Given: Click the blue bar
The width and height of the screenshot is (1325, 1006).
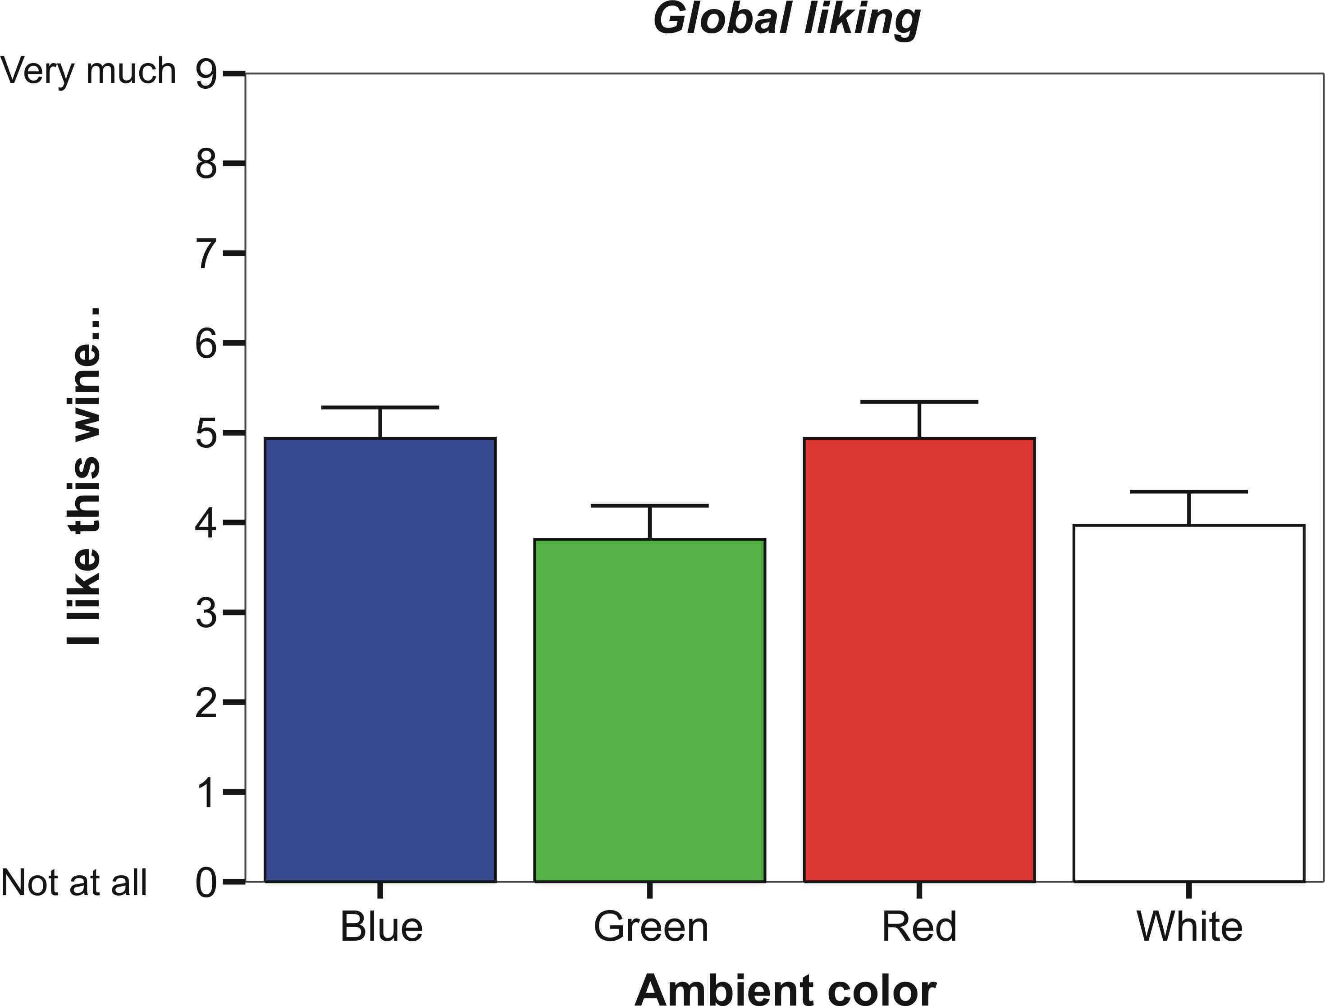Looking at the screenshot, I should click(380, 659).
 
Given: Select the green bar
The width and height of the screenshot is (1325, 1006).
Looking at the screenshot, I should click(649, 710).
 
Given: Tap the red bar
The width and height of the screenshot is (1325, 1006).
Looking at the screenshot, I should click(919, 659).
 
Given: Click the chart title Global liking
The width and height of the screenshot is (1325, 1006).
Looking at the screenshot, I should click(786, 19).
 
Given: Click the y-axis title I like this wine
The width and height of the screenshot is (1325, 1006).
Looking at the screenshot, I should click(84, 477).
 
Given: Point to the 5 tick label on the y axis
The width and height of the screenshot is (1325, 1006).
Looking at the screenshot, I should click(206, 433).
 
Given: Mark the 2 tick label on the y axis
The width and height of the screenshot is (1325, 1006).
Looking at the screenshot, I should click(206, 702).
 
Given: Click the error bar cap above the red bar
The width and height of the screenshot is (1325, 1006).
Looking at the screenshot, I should click(919, 402).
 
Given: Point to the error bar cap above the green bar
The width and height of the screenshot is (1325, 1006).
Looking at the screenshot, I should click(649, 506).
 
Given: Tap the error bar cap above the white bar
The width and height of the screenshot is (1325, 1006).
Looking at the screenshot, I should click(1188, 492).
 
